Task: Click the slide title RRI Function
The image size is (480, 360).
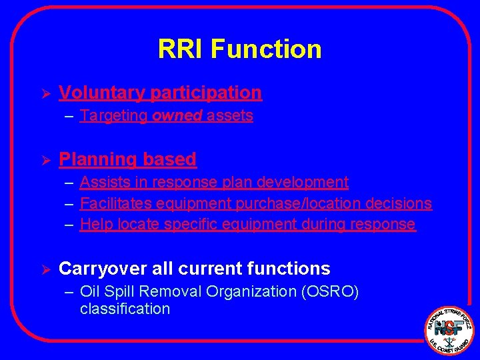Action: [x=239, y=49]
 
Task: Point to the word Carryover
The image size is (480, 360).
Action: [x=101, y=269]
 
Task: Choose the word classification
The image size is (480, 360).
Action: [x=125, y=309]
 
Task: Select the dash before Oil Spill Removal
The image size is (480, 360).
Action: [x=69, y=292]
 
